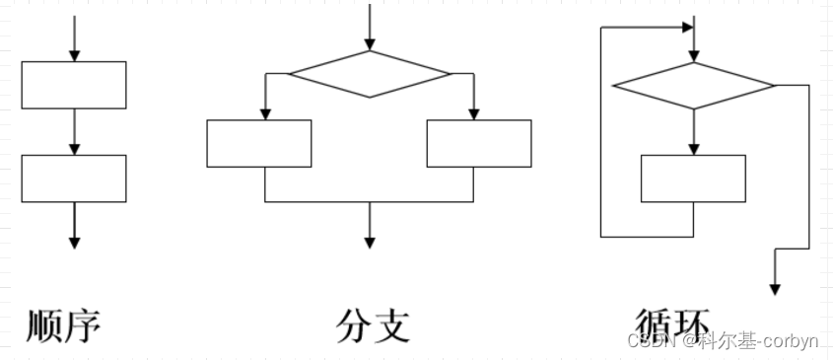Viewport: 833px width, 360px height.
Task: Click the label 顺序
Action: pos(64,325)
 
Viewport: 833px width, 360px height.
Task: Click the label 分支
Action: pos(373,325)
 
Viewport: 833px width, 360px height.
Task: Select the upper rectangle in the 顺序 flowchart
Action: pos(74,85)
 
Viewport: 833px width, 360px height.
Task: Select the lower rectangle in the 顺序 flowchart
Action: pos(74,179)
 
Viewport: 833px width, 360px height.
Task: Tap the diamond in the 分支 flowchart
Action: pos(369,74)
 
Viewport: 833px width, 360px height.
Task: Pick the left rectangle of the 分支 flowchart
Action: pos(259,144)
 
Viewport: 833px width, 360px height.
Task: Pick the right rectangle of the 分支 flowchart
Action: pos(479,144)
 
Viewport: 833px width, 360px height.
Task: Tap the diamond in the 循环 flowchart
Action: pos(694,86)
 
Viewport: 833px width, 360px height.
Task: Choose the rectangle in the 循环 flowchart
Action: pos(693,179)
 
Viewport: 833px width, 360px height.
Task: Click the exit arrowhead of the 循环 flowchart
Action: pos(775,288)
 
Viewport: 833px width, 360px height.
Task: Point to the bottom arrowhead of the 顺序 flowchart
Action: pos(74,241)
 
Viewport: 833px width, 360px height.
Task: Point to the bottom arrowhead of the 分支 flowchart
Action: pos(370,241)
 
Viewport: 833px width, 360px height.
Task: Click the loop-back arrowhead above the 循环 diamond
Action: pos(687,28)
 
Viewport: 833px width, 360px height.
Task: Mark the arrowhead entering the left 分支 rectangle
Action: pos(265,113)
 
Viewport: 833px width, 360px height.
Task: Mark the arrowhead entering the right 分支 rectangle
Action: pos(474,113)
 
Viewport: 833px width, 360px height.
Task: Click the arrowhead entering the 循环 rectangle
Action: pos(694,148)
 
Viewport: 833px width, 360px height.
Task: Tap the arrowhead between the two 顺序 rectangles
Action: pos(74,148)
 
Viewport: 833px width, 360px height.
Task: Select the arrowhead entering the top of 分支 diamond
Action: pos(370,44)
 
